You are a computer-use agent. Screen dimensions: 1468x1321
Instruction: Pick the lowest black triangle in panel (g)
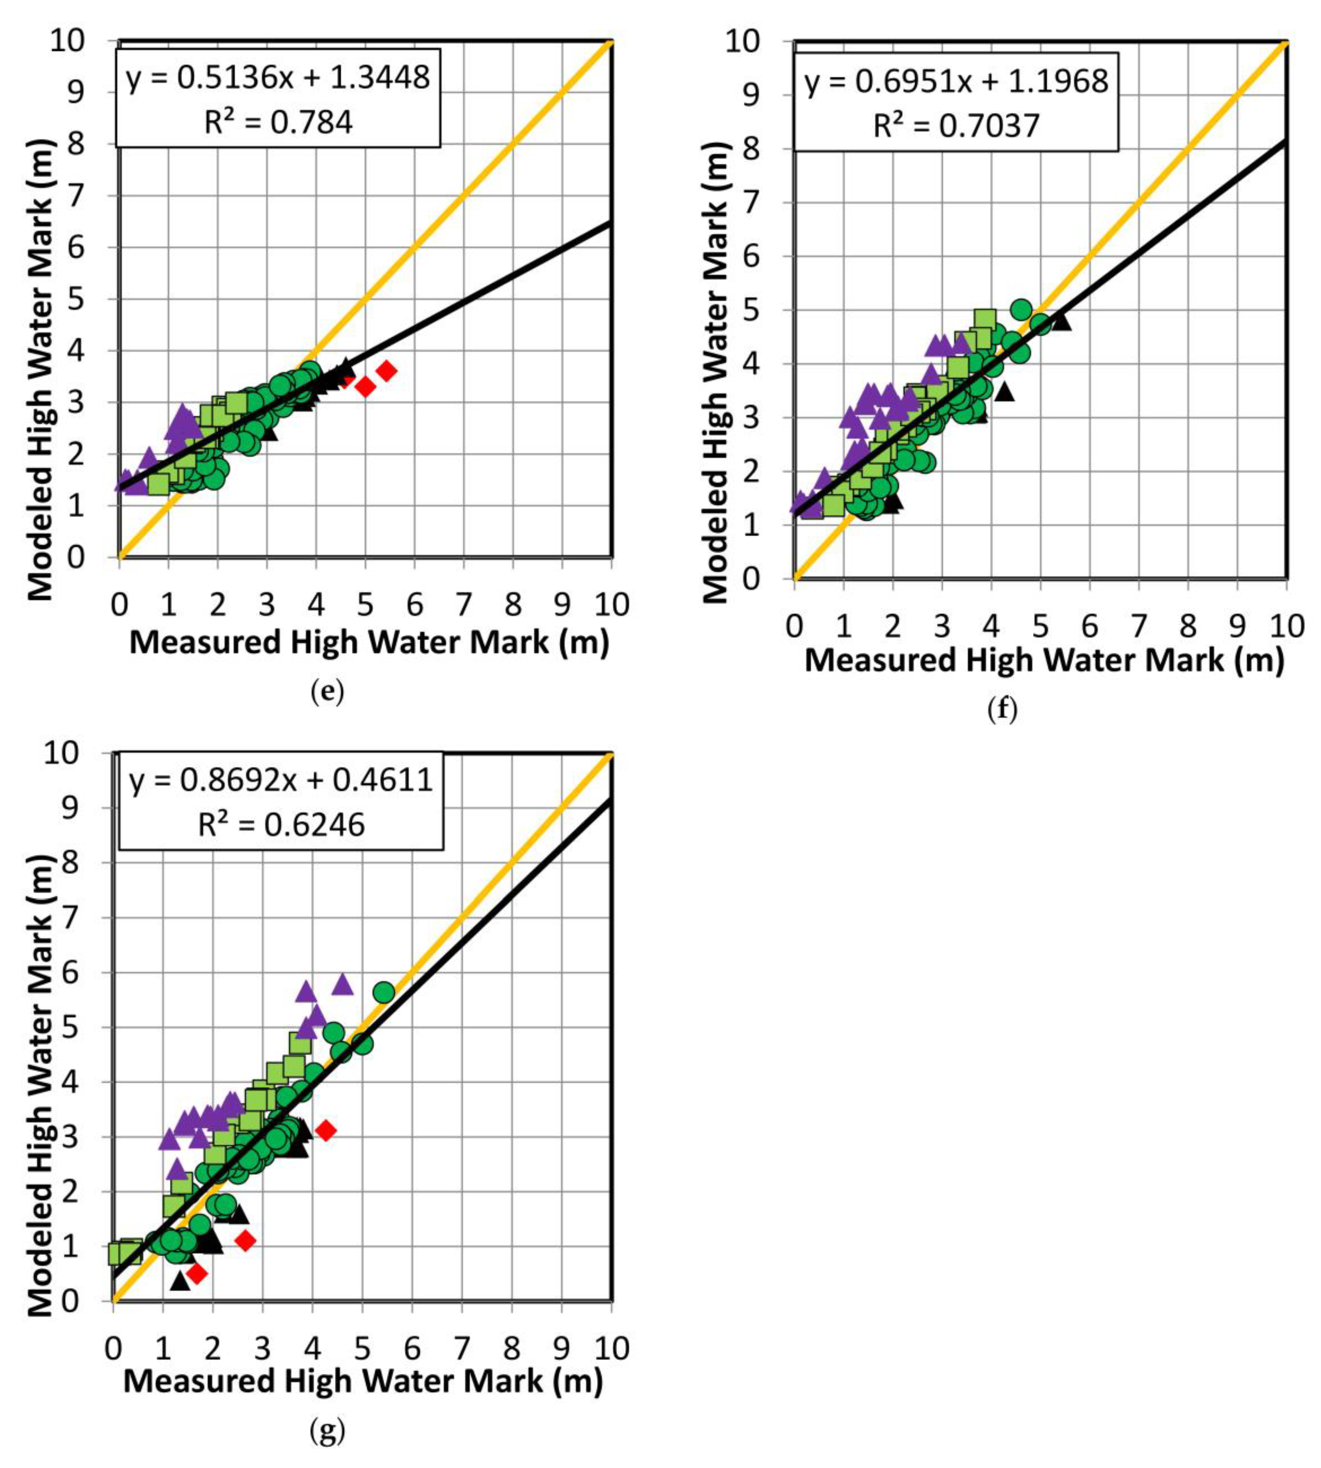point(180,1281)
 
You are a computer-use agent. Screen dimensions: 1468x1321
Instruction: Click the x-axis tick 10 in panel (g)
point(611,1348)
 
